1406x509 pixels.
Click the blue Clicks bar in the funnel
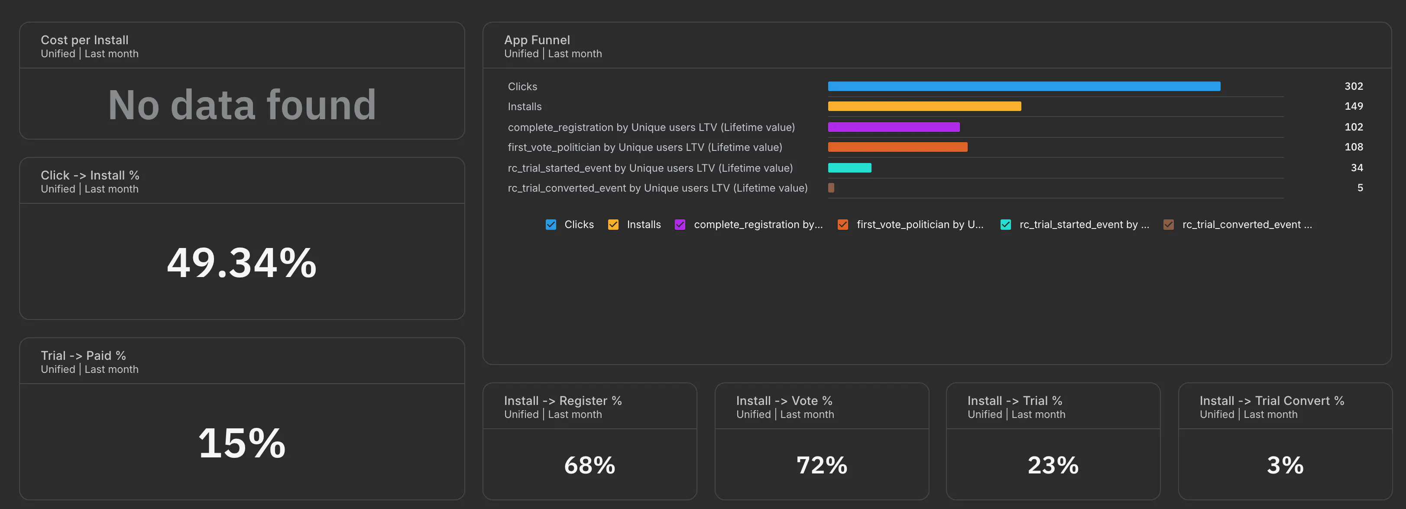click(x=1024, y=86)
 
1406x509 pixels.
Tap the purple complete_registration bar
click(x=894, y=127)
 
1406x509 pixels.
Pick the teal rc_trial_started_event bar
click(x=850, y=168)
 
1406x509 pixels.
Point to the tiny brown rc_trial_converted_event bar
click(x=831, y=188)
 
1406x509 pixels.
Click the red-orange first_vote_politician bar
click(x=898, y=147)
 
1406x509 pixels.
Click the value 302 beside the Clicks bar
click(x=1354, y=86)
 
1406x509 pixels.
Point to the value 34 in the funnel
click(x=1357, y=168)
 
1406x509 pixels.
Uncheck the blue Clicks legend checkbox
click(x=551, y=225)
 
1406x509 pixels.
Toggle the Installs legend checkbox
click(x=613, y=225)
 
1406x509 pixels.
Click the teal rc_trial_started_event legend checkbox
click(x=1006, y=225)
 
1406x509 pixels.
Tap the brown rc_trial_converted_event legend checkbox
click(x=1169, y=225)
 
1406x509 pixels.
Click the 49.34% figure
click(x=242, y=263)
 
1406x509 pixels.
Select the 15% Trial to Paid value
click(x=242, y=443)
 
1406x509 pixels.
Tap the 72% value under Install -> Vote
click(x=822, y=465)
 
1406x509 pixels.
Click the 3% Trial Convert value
click(x=1286, y=465)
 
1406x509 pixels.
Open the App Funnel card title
click(x=537, y=40)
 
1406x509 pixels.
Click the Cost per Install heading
click(x=84, y=40)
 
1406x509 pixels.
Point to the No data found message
click(x=242, y=105)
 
